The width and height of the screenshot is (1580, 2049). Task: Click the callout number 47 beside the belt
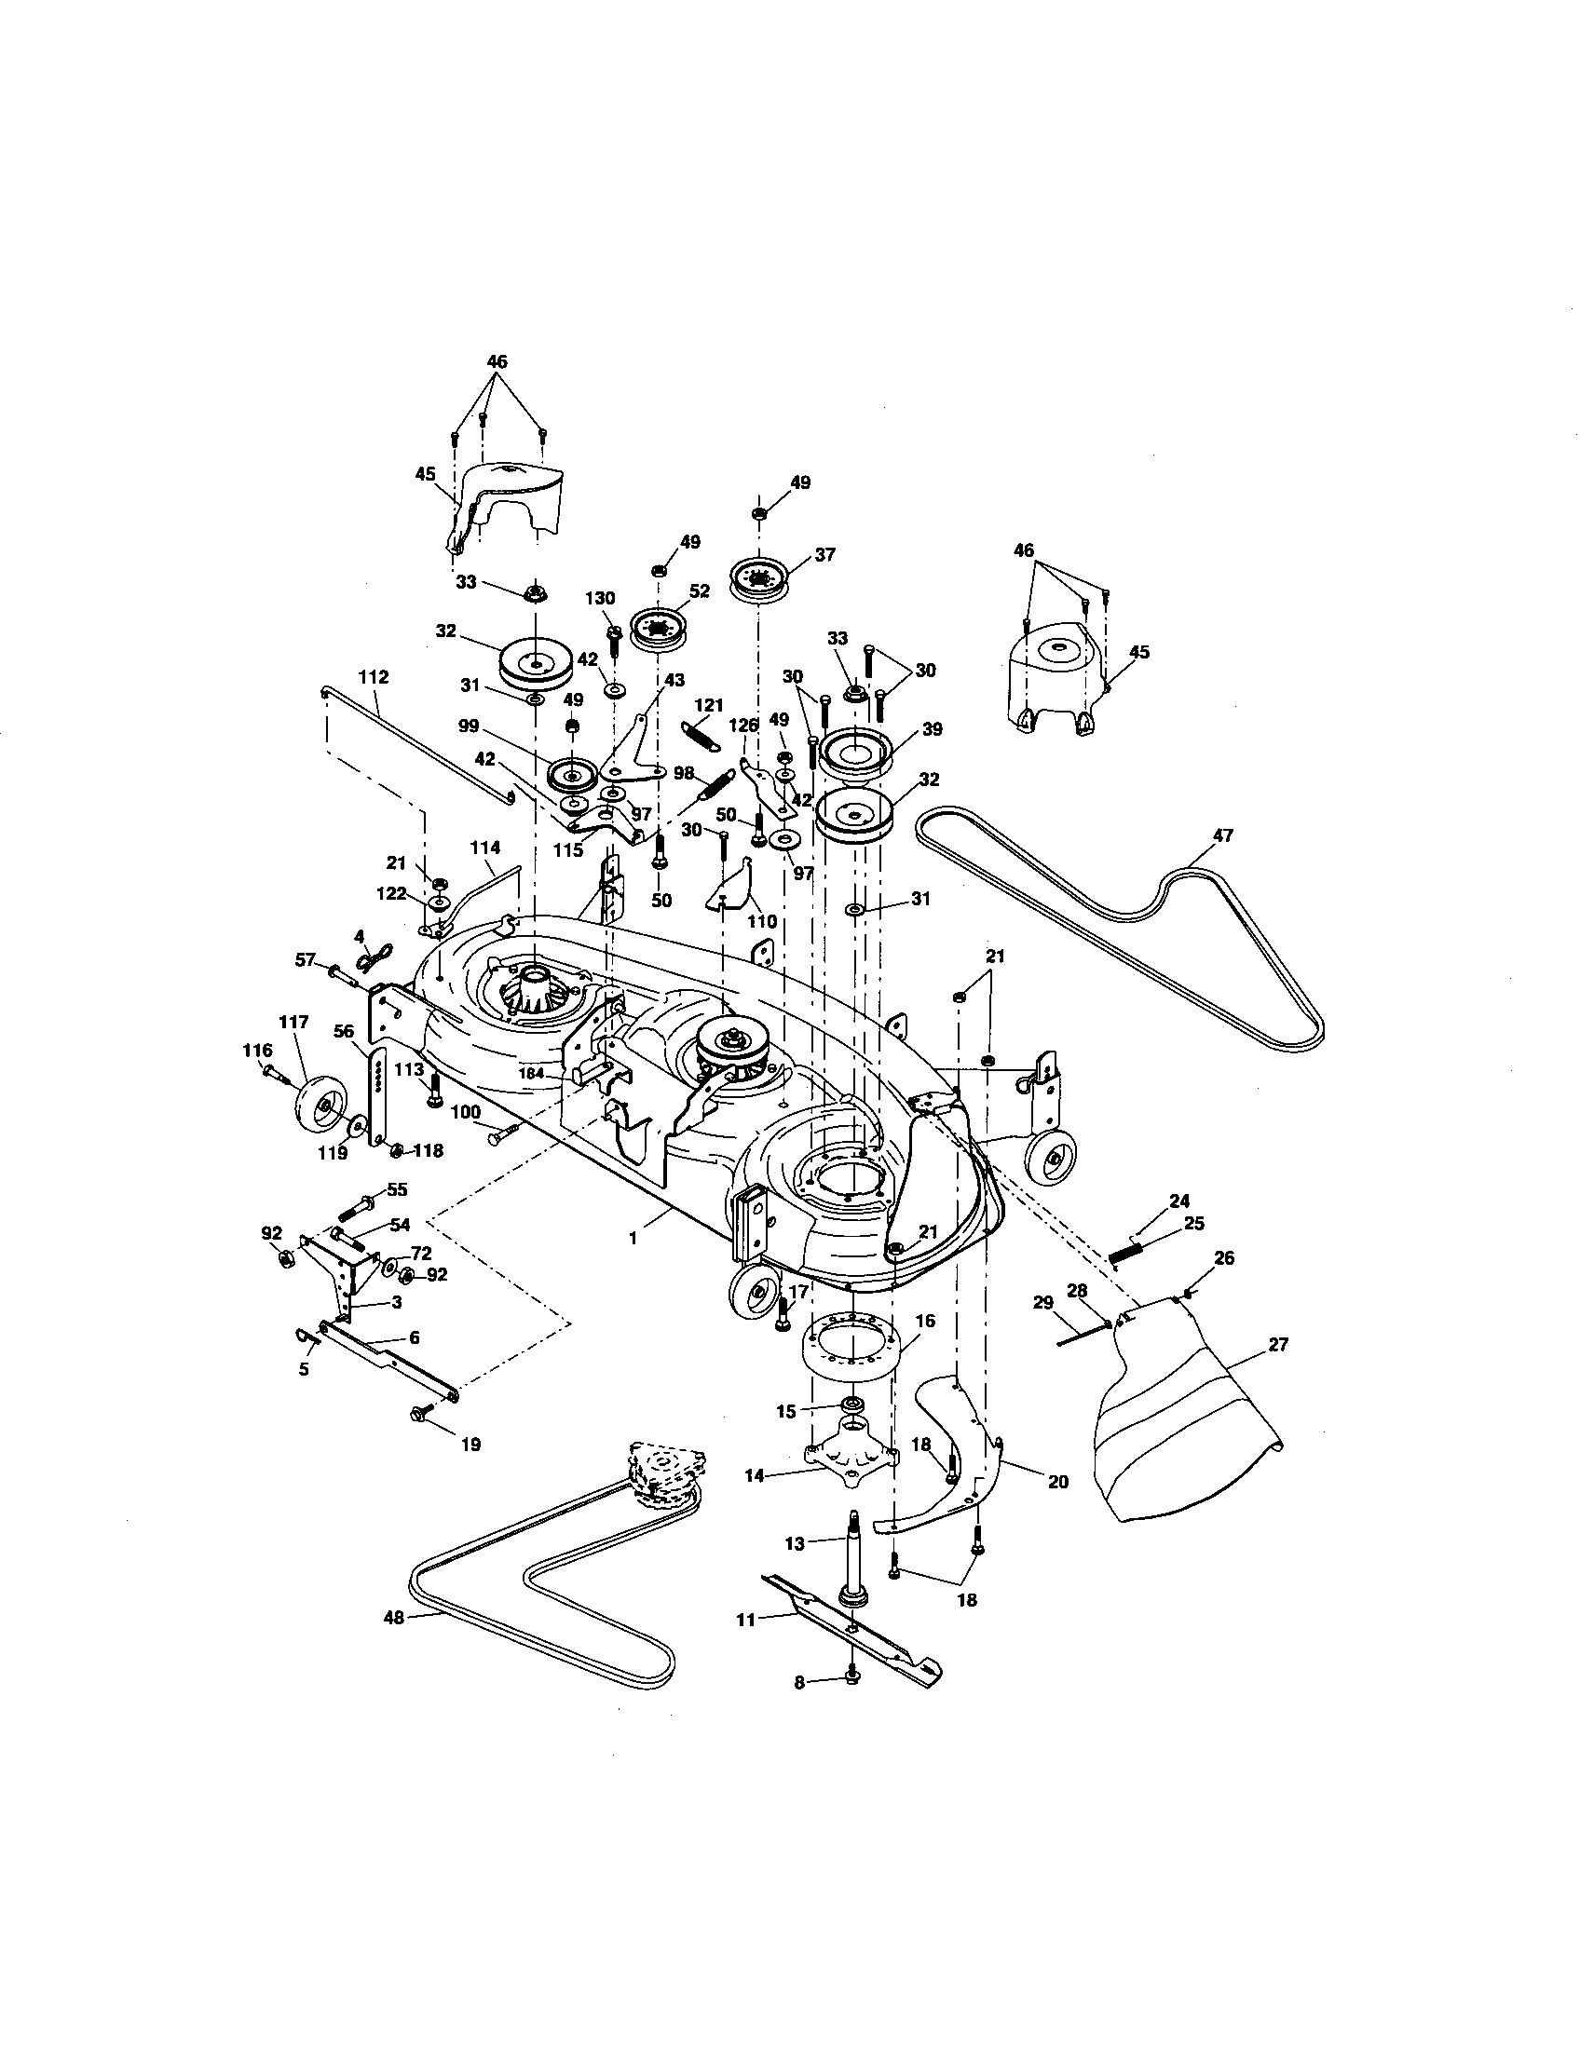1222,835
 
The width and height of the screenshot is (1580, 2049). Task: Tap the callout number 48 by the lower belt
393,1618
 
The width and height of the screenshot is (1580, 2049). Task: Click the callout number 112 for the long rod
374,676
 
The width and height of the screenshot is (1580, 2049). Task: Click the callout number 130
600,599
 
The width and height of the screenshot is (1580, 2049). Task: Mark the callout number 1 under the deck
633,1239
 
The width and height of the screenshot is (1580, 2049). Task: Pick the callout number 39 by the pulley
932,729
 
